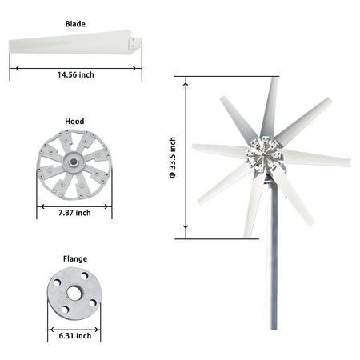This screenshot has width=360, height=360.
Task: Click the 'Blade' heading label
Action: click(x=75, y=24)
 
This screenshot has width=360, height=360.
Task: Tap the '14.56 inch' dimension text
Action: click(x=76, y=74)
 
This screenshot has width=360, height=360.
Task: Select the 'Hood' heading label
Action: click(x=74, y=122)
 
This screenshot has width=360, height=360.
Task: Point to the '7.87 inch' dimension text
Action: click(x=74, y=213)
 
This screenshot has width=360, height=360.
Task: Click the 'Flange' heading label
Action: click(x=75, y=259)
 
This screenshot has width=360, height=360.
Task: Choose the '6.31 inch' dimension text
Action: click(x=75, y=336)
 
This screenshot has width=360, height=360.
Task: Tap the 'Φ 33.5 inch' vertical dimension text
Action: click(x=173, y=158)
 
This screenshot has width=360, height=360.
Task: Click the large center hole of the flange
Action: click(x=74, y=293)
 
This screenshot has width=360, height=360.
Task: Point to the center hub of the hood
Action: click(x=74, y=162)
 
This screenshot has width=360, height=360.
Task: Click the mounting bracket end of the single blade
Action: click(x=135, y=43)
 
